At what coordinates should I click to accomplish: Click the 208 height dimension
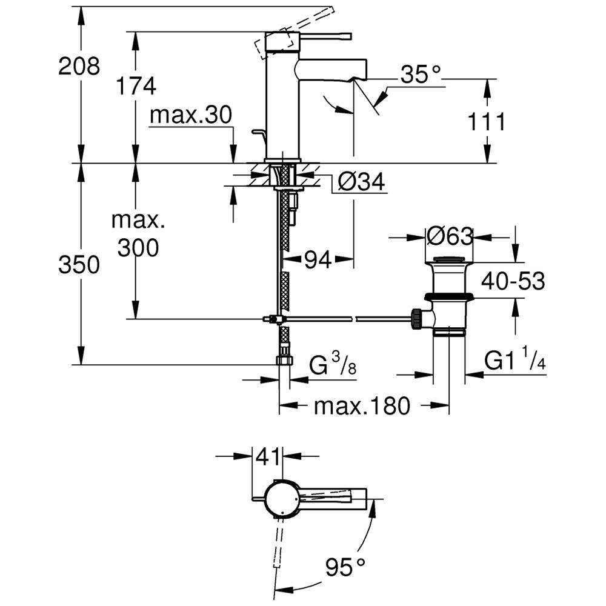tap(79, 66)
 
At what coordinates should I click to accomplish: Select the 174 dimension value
tap(136, 86)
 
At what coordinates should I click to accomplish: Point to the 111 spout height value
tap(487, 122)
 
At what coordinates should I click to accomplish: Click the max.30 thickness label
tap(191, 115)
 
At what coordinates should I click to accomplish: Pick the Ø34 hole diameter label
tap(361, 182)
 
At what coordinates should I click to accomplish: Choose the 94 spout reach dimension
tap(318, 260)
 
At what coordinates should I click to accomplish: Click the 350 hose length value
tap(79, 265)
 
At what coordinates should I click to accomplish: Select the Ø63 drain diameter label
tap(450, 236)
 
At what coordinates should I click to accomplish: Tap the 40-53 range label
tap(513, 281)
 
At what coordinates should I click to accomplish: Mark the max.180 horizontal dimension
tap(362, 406)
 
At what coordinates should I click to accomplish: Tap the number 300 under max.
tap(138, 248)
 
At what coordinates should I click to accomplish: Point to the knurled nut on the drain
tap(417, 319)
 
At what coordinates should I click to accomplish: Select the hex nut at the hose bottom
tap(284, 360)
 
